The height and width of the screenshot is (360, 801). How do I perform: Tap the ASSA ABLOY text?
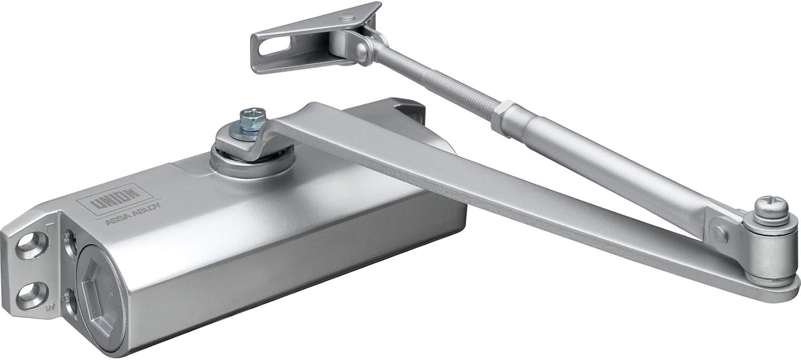pos(133,214)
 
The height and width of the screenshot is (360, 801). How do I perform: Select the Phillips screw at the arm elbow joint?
pos(772,208)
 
